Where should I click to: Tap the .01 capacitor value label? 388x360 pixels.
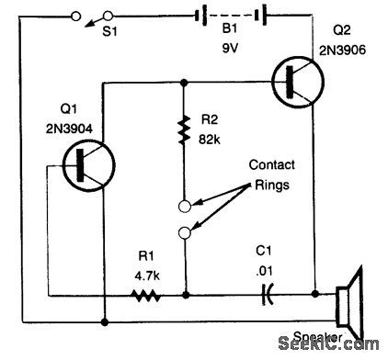tap(267, 273)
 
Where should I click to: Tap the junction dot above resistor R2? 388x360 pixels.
tap(185, 82)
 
